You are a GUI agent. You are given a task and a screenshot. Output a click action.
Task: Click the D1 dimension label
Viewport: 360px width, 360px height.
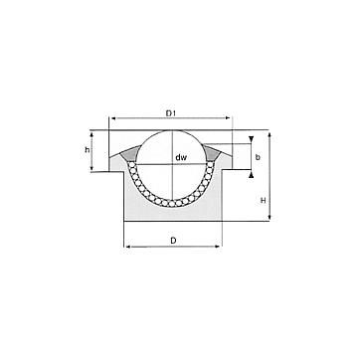click(170, 113)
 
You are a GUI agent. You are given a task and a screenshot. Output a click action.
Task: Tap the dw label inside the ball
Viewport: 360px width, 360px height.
click(181, 158)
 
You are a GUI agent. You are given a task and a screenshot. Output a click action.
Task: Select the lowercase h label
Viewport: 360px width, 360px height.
click(88, 150)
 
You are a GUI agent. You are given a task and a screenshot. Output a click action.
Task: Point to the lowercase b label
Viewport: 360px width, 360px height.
click(258, 157)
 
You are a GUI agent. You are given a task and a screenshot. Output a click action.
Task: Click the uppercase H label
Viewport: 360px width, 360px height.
click(263, 201)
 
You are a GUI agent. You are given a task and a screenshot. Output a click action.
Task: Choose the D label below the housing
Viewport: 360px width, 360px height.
click(173, 241)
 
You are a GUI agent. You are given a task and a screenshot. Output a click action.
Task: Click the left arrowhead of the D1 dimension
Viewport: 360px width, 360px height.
click(113, 117)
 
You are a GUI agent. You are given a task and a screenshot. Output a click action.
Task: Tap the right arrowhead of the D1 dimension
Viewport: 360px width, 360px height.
click(228, 117)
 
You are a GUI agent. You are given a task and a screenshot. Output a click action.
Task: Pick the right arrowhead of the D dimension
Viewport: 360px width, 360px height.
click(218, 247)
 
